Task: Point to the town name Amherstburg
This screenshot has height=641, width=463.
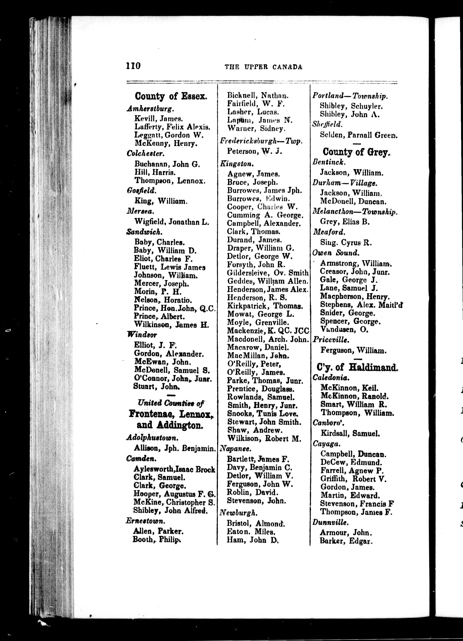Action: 150,109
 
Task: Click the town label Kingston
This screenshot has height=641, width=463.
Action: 237,164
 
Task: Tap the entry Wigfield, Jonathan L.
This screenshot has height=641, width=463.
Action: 172,222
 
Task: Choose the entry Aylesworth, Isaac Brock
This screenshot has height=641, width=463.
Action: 174,469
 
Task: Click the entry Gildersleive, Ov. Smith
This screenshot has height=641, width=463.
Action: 268,273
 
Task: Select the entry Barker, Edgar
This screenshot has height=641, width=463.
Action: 346,541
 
